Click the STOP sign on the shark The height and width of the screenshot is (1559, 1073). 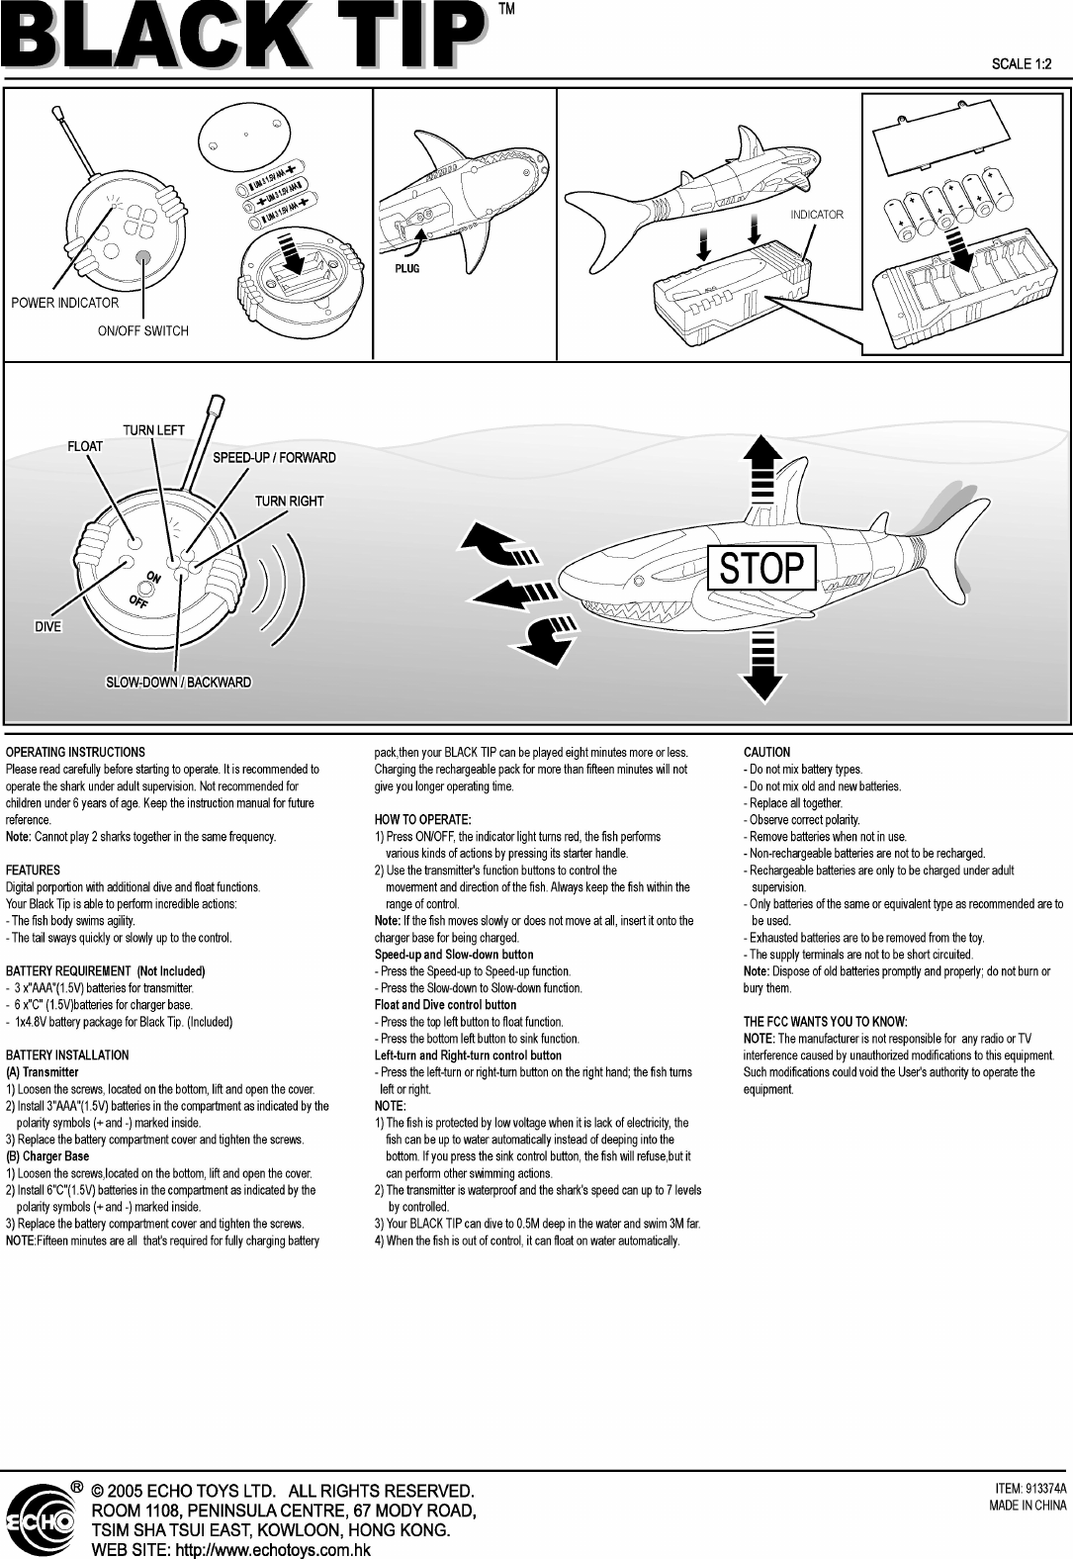761,569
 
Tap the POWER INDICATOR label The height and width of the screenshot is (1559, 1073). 65,303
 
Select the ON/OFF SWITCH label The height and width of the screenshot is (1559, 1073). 142,330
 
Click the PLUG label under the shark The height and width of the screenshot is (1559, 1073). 406,268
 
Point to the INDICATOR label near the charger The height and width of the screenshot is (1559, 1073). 817,215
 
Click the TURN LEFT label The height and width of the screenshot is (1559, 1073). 153,429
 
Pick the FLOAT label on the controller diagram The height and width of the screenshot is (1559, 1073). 85,446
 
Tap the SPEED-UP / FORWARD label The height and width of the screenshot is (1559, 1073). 275,458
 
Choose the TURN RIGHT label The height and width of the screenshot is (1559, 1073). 290,502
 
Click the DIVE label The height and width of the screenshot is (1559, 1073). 48,627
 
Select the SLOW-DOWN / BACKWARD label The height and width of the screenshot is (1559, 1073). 179,683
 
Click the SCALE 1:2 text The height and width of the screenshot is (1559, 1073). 1022,65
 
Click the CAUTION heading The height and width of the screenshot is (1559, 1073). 766,753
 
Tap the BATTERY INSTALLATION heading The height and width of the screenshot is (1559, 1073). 67,1055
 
